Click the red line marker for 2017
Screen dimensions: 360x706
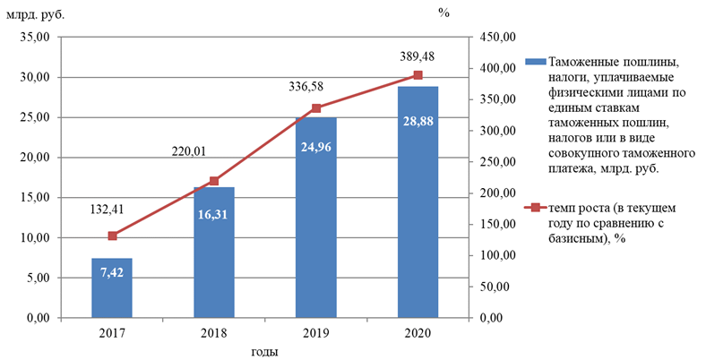click(x=112, y=236)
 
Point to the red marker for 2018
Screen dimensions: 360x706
click(x=213, y=181)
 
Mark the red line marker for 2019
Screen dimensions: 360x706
click(x=315, y=108)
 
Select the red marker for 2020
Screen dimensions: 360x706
click(x=418, y=75)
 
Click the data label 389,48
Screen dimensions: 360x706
click(x=418, y=56)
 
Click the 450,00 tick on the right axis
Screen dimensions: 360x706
click(x=497, y=38)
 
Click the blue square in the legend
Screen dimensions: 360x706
click(x=535, y=62)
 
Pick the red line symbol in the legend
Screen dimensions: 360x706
click(x=535, y=208)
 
